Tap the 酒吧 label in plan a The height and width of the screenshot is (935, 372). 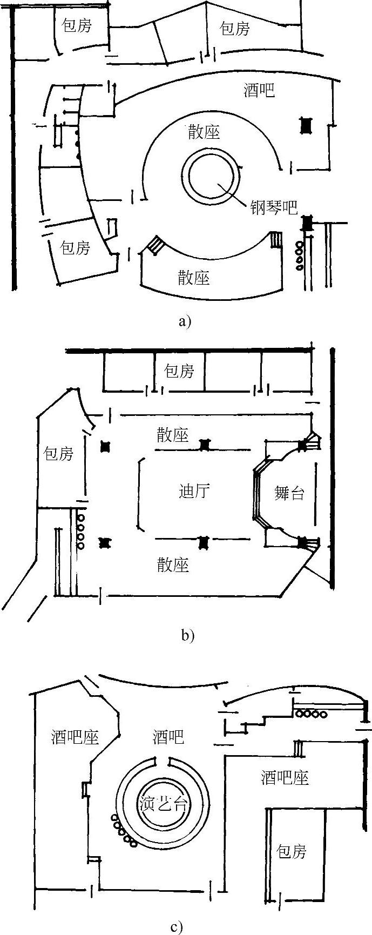(x=259, y=90)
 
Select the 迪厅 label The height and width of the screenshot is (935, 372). (x=194, y=491)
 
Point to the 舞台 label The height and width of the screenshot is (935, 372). (x=289, y=493)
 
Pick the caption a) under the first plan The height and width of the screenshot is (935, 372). (x=185, y=322)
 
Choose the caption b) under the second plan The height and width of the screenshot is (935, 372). (x=187, y=635)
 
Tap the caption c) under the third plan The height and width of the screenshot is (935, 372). (x=177, y=927)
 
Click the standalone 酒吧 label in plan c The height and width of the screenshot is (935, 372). (x=168, y=736)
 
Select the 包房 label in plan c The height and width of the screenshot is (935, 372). (x=292, y=851)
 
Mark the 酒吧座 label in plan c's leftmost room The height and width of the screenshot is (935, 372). (x=75, y=737)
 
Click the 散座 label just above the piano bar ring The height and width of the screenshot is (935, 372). (x=204, y=132)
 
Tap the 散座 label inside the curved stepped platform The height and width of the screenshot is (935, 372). (x=194, y=278)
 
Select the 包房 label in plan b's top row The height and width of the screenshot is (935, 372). (x=179, y=371)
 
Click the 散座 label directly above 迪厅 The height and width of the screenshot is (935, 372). (x=173, y=435)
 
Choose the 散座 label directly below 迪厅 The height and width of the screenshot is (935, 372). (x=173, y=565)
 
